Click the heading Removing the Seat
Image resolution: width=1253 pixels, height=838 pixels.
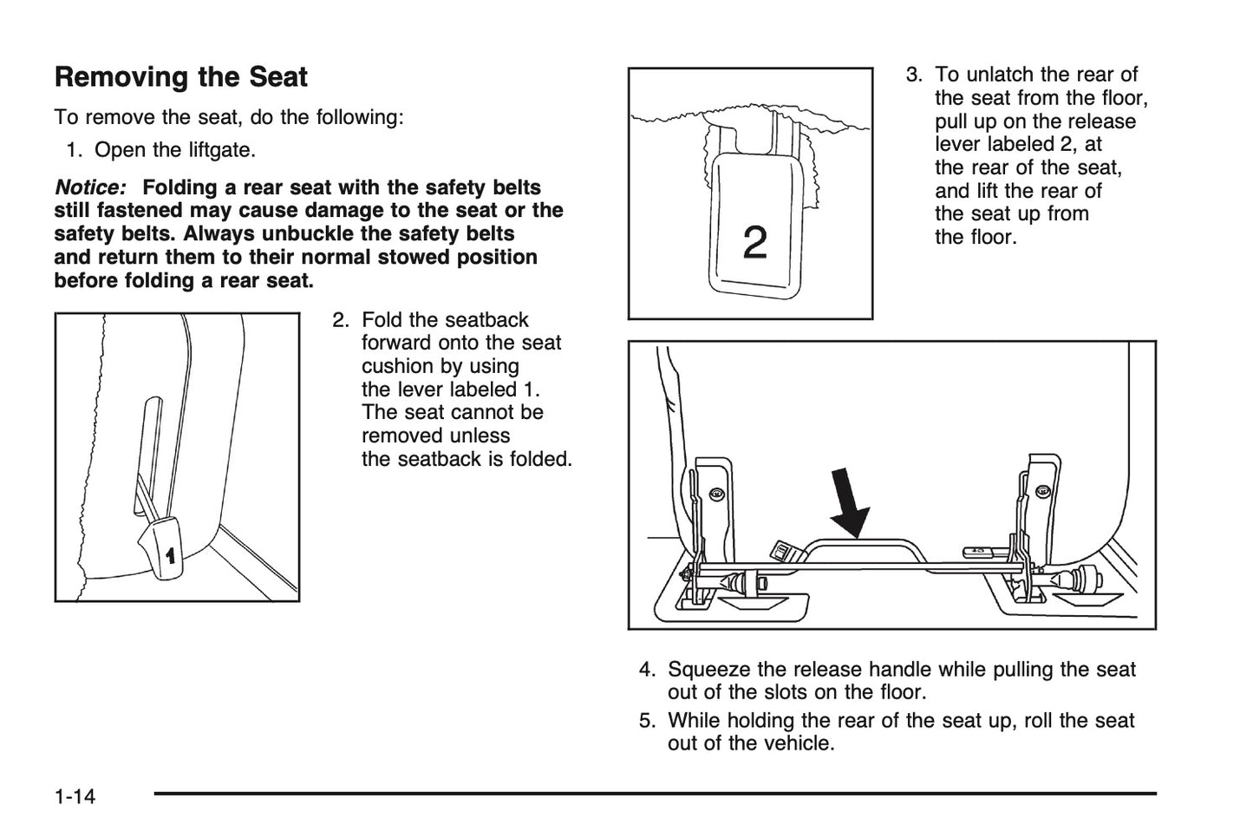(180, 77)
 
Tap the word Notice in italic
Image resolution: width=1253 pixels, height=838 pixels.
(89, 187)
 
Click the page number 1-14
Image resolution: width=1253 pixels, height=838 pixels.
(75, 796)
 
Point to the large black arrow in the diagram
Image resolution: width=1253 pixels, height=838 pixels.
(849, 505)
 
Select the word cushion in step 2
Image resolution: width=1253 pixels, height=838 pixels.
(397, 366)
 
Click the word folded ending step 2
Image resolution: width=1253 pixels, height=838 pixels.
(544, 459)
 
